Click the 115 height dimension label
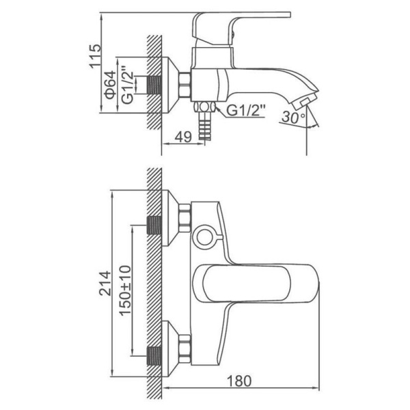tap(95, 56)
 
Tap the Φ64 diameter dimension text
tap(111, 85)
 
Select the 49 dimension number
tap(183, 137)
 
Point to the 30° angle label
tap(293, 117)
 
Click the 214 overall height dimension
tap(105, 284)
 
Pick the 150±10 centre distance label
tap(125, 290)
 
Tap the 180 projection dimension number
tap(239, 381)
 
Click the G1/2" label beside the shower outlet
tap(245, 110)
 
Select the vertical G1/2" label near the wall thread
tap(128, 84)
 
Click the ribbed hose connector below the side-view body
tap(204, 126)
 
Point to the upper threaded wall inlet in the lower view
tap(154, 225)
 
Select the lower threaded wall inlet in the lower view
tap(154, 356)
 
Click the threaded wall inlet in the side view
tap(154, 85)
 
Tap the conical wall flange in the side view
tap(170, 85)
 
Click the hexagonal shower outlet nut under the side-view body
tap(204, 107)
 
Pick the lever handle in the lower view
tap(256, 284)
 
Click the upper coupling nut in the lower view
tap(185, 219)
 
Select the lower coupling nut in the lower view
tap(185, 349)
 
